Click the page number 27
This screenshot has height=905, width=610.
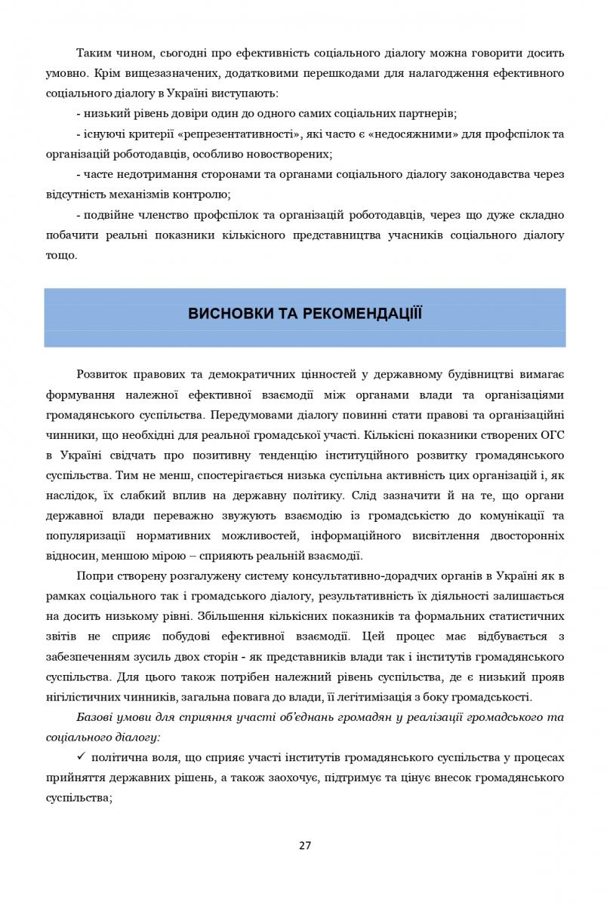point(305,845)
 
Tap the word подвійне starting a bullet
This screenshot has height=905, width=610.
point(106,215)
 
